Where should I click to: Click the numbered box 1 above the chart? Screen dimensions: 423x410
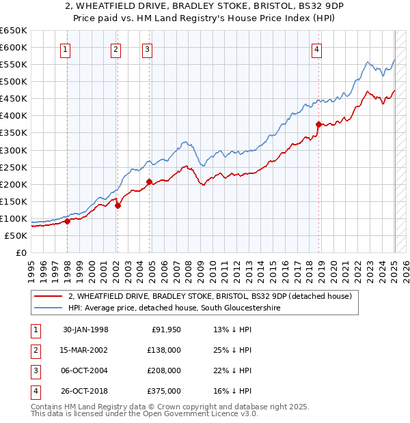pos(65,48)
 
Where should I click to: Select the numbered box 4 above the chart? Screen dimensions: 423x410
pos(317,48)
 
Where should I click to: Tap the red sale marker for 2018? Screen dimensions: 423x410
pos(318,124)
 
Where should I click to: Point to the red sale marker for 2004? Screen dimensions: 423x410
pos(149,181)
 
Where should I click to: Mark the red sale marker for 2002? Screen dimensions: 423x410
pos(118,205)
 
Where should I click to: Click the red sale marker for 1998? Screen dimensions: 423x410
pos(68,221)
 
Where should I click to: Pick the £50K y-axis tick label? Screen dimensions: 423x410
pos(16,235)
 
